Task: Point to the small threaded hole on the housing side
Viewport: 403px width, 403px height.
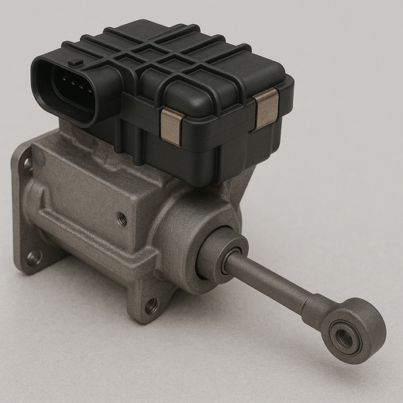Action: click(122, 219)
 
